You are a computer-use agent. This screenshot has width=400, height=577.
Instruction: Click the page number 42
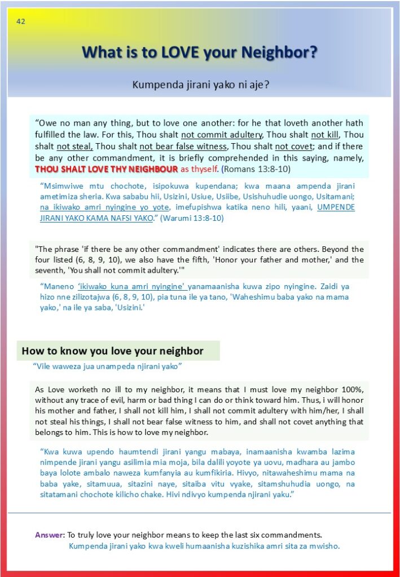(21, 22)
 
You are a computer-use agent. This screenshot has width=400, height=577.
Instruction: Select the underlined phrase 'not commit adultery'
(222, 135)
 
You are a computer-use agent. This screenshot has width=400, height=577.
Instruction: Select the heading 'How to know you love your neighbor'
(112, 351)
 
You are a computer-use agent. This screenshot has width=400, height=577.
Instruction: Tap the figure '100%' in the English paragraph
(352, 389)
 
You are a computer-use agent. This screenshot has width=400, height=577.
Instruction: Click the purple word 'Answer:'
(50, 534)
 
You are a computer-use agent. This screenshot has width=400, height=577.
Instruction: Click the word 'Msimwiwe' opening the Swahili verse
(61, 185)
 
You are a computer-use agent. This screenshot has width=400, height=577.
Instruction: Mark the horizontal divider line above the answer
(200, 513)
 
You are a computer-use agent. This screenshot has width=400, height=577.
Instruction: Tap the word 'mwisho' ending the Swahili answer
(327, 546)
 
